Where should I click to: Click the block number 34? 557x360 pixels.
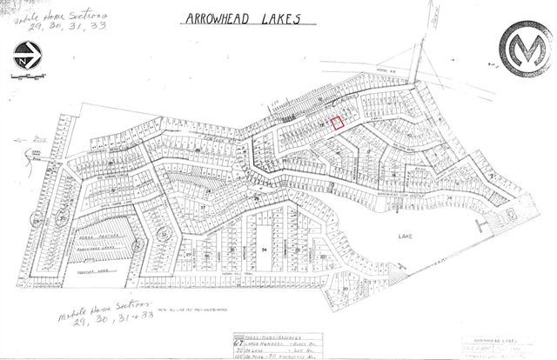(x=264, y=249)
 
